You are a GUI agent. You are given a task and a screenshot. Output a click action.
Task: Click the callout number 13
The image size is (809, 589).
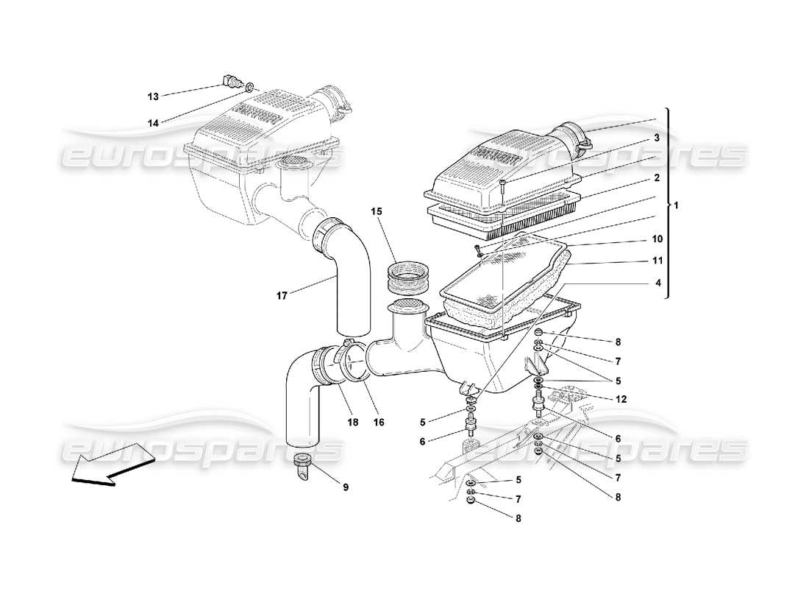[153, 96]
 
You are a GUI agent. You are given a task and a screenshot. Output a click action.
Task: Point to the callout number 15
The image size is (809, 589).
[377, 211]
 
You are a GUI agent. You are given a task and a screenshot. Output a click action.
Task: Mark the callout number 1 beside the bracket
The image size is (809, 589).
[677, 206]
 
